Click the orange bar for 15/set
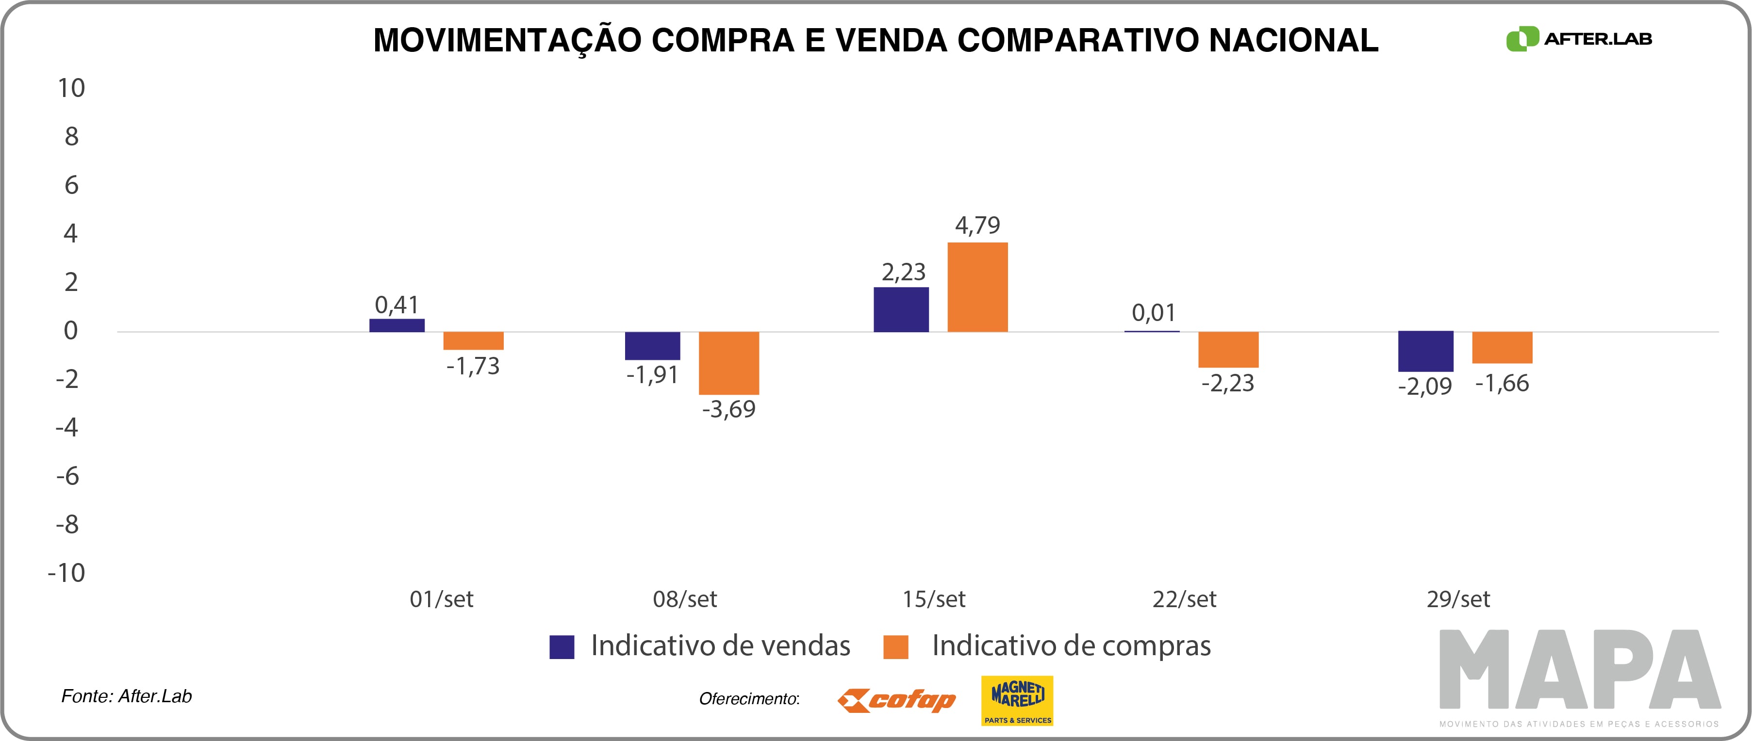point(977,287)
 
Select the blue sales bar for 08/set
point(652,345)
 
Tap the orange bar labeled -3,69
point(728,363)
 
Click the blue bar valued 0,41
point(397,325)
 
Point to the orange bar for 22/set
point(1228,350)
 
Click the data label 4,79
point(977,225)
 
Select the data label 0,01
point(1154,313)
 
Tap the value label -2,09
point(1425,386)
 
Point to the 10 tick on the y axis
point(71,88)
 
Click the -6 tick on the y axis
point(67,476)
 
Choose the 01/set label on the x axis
point(442,599)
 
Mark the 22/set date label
point(1184,599)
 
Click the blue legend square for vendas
point(562,646)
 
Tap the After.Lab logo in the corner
point(1579,39)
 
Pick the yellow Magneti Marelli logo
point(1017,700)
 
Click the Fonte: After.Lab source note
point(127,696)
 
